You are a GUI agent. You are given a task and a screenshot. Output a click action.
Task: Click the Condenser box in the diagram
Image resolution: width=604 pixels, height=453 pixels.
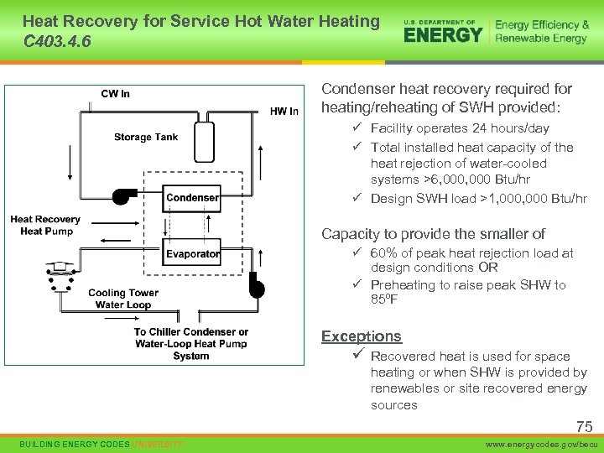pos(192,198)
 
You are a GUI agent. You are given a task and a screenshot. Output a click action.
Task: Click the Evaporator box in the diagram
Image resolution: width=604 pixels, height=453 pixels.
pos(192,253)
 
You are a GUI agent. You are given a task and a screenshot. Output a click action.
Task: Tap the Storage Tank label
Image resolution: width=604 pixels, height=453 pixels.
pos(146,138)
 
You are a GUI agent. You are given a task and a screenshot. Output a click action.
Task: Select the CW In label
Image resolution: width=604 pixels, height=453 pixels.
pos(115,94)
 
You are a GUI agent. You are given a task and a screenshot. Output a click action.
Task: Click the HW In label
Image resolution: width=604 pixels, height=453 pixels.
pos(284,112)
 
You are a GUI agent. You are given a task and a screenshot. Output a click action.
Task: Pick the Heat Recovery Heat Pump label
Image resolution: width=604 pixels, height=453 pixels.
pos(45,226)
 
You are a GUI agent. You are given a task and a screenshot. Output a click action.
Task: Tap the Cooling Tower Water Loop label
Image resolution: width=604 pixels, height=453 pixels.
pos(122,299)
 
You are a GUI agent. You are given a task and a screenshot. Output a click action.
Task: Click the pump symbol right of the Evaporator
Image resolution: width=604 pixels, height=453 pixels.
pos(256,289)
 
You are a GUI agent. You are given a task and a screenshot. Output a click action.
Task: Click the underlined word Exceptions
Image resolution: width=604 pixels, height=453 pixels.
pos(361,336)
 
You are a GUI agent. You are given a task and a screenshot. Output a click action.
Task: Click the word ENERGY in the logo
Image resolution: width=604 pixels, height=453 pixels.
pos(443,34)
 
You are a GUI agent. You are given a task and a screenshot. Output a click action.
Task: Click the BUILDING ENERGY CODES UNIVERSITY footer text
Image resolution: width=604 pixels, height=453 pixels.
pos(101,443)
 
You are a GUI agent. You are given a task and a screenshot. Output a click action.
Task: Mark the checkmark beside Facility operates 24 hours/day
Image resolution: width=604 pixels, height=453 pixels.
pos(357,128)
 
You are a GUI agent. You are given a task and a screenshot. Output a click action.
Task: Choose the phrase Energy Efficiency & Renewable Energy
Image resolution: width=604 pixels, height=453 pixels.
pos(541,32)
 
